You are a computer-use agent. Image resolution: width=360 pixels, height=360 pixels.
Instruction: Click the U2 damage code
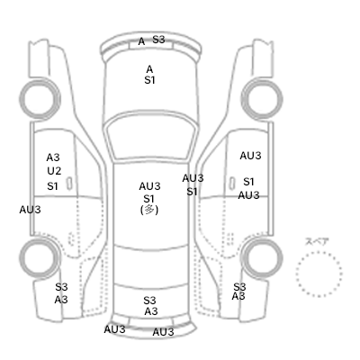pyautogui.click(x=54, y=171)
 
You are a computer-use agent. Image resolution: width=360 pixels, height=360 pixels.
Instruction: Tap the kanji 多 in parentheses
pyautogui.click(x=149, y=210)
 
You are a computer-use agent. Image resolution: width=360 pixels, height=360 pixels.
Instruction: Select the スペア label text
pyautogui.click(x=317, y=242)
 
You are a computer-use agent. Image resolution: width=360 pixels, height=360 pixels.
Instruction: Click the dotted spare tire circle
pyautogui.click(x=319, y=252)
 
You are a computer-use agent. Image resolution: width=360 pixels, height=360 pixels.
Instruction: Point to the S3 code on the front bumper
pyautogui.click(x=158, y=40)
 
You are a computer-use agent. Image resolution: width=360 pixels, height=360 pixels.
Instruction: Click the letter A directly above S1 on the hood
pyautogui.click(x=149, y=69)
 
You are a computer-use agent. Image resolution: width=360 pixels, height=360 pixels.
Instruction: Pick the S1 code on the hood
pyautogui.click(x=149, y=80)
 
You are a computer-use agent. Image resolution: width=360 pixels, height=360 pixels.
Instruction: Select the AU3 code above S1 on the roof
pyautogui.click(x=149, y=186)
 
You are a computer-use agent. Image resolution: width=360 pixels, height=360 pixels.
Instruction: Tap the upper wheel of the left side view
pyautogui.click(x=40, y=99)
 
